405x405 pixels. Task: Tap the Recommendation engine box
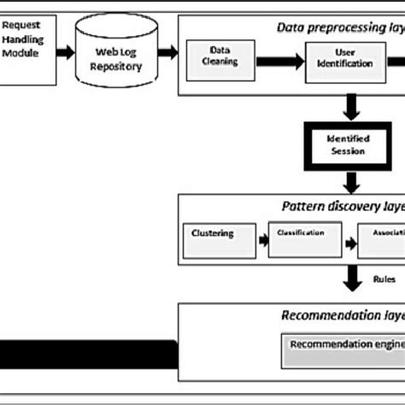(342, 346)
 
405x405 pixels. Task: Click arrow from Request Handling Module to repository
(63, 50)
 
